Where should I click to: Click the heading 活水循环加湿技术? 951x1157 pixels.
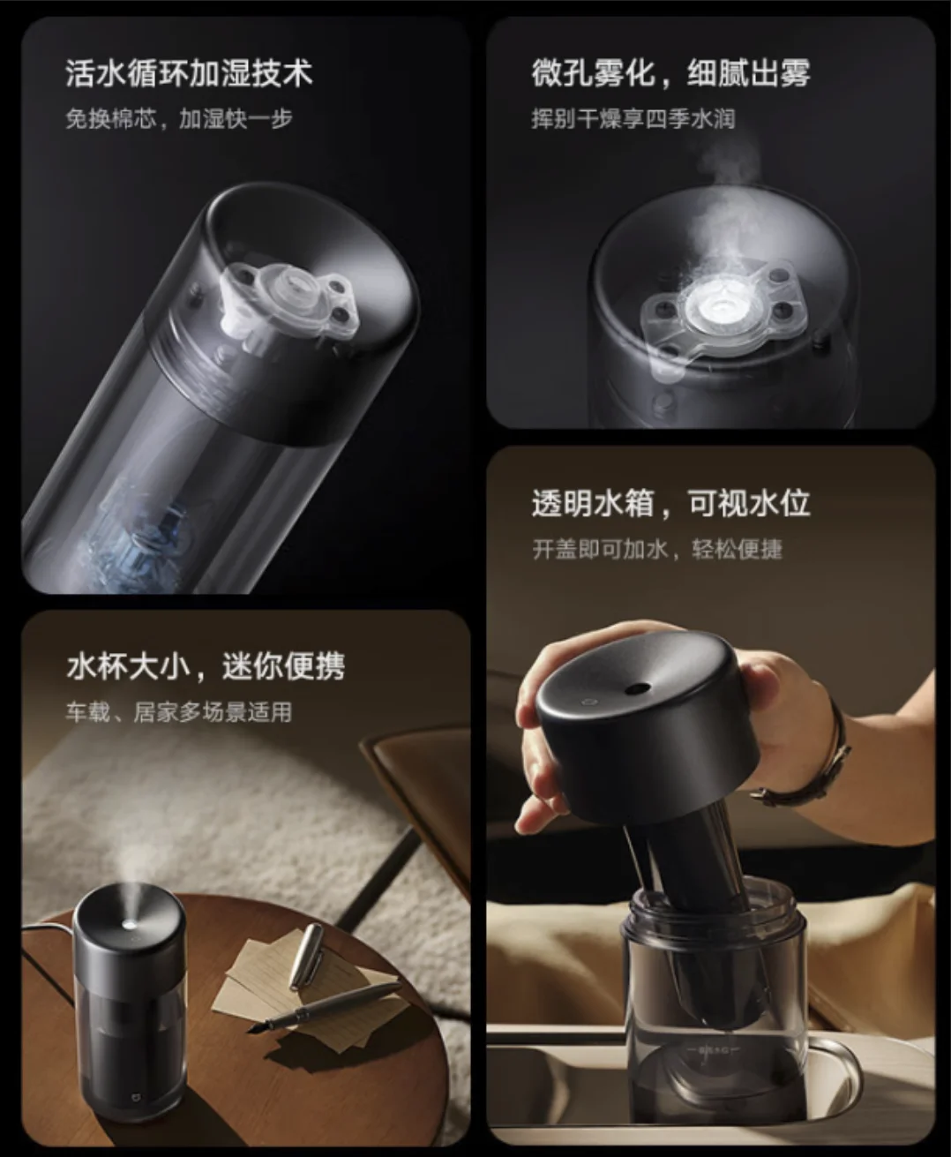[x=189, y=73]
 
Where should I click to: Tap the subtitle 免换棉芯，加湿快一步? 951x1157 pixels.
[x=178, y=119]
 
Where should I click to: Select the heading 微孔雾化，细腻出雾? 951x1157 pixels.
[x=670, y=73]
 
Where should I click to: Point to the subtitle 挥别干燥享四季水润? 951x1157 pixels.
[x=633, y=119]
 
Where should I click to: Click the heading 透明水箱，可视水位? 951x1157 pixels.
[x=670, y=504]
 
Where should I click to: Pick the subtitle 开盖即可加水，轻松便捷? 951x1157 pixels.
[x=657, y=550]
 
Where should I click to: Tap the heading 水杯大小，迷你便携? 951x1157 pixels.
[x=206, y=666]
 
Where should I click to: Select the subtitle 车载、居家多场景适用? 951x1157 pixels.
[x=178, y=712]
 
